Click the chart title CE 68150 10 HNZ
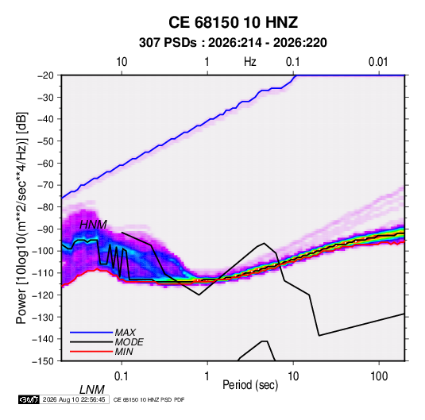(x=233, y=22)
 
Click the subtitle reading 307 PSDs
(x=168, y=43)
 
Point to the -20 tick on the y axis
(x=45, y=75)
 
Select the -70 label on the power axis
(x=45, y=185)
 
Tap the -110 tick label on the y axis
(x=44, y=273)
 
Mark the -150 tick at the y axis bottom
(x=44, y=361)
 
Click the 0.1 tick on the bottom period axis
(x=122, y=376)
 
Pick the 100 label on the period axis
(x=379, y=376)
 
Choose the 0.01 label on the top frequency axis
(x=378, y=62)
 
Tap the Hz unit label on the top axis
(x=250, y=62)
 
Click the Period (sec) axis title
(x=250, y=385)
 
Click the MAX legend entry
(x=126, y=333)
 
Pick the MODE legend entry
(x=129, y=342)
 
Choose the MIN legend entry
(x=124, y=352)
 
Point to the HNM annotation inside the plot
(x=93, y=225)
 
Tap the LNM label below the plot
(x=92, y=390)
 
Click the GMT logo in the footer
(x=29, y=399)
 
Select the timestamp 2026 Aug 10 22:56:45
(x=74, y=399)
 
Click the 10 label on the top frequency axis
(x=122, y=62)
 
